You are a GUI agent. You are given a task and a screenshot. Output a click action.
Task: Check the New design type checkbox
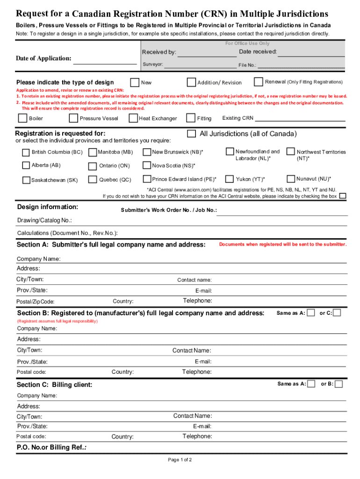coord(135,82)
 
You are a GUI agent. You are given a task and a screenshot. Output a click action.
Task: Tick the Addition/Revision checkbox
coord(191,82)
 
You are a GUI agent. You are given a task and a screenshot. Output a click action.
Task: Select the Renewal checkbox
coord(258,82)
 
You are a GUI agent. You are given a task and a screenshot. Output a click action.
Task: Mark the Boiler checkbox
coord(22,118)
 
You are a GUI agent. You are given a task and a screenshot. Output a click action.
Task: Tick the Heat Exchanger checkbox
coord(134,118)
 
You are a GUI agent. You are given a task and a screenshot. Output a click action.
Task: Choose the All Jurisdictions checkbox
coord(192,134)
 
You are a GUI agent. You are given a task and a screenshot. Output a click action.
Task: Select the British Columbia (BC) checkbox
coord(26,152)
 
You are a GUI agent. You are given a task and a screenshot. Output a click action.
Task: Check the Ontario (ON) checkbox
coord(93,166)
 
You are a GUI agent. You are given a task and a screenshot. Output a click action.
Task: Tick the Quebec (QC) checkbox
coord(93,179)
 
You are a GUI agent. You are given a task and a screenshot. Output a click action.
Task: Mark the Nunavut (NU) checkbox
coord(291,179)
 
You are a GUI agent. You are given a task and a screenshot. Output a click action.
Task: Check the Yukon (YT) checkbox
coord(230,179)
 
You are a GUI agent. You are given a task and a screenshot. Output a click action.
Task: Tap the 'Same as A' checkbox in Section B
coord(310,312)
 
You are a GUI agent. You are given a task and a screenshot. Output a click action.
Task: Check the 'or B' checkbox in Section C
coord(338,384)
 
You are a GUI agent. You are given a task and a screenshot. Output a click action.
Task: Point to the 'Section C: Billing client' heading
coord(54,385)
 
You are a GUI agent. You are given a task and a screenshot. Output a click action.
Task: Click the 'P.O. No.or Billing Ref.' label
coord(51,447)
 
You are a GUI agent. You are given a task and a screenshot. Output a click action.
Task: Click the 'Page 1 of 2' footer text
coord(180,459)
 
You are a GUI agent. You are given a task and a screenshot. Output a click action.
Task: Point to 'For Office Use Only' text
coord(247,44)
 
